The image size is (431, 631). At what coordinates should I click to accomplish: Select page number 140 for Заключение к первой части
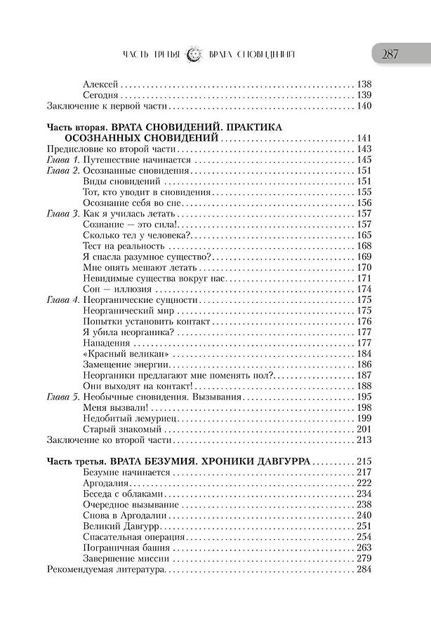point(364,107)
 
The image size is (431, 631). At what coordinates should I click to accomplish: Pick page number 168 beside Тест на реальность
point(364,246)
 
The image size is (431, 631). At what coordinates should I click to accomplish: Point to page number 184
point(364,354)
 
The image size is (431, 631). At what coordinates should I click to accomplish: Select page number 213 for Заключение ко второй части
point(364,440)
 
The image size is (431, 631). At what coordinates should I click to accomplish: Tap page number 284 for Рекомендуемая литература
point(364,569)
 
